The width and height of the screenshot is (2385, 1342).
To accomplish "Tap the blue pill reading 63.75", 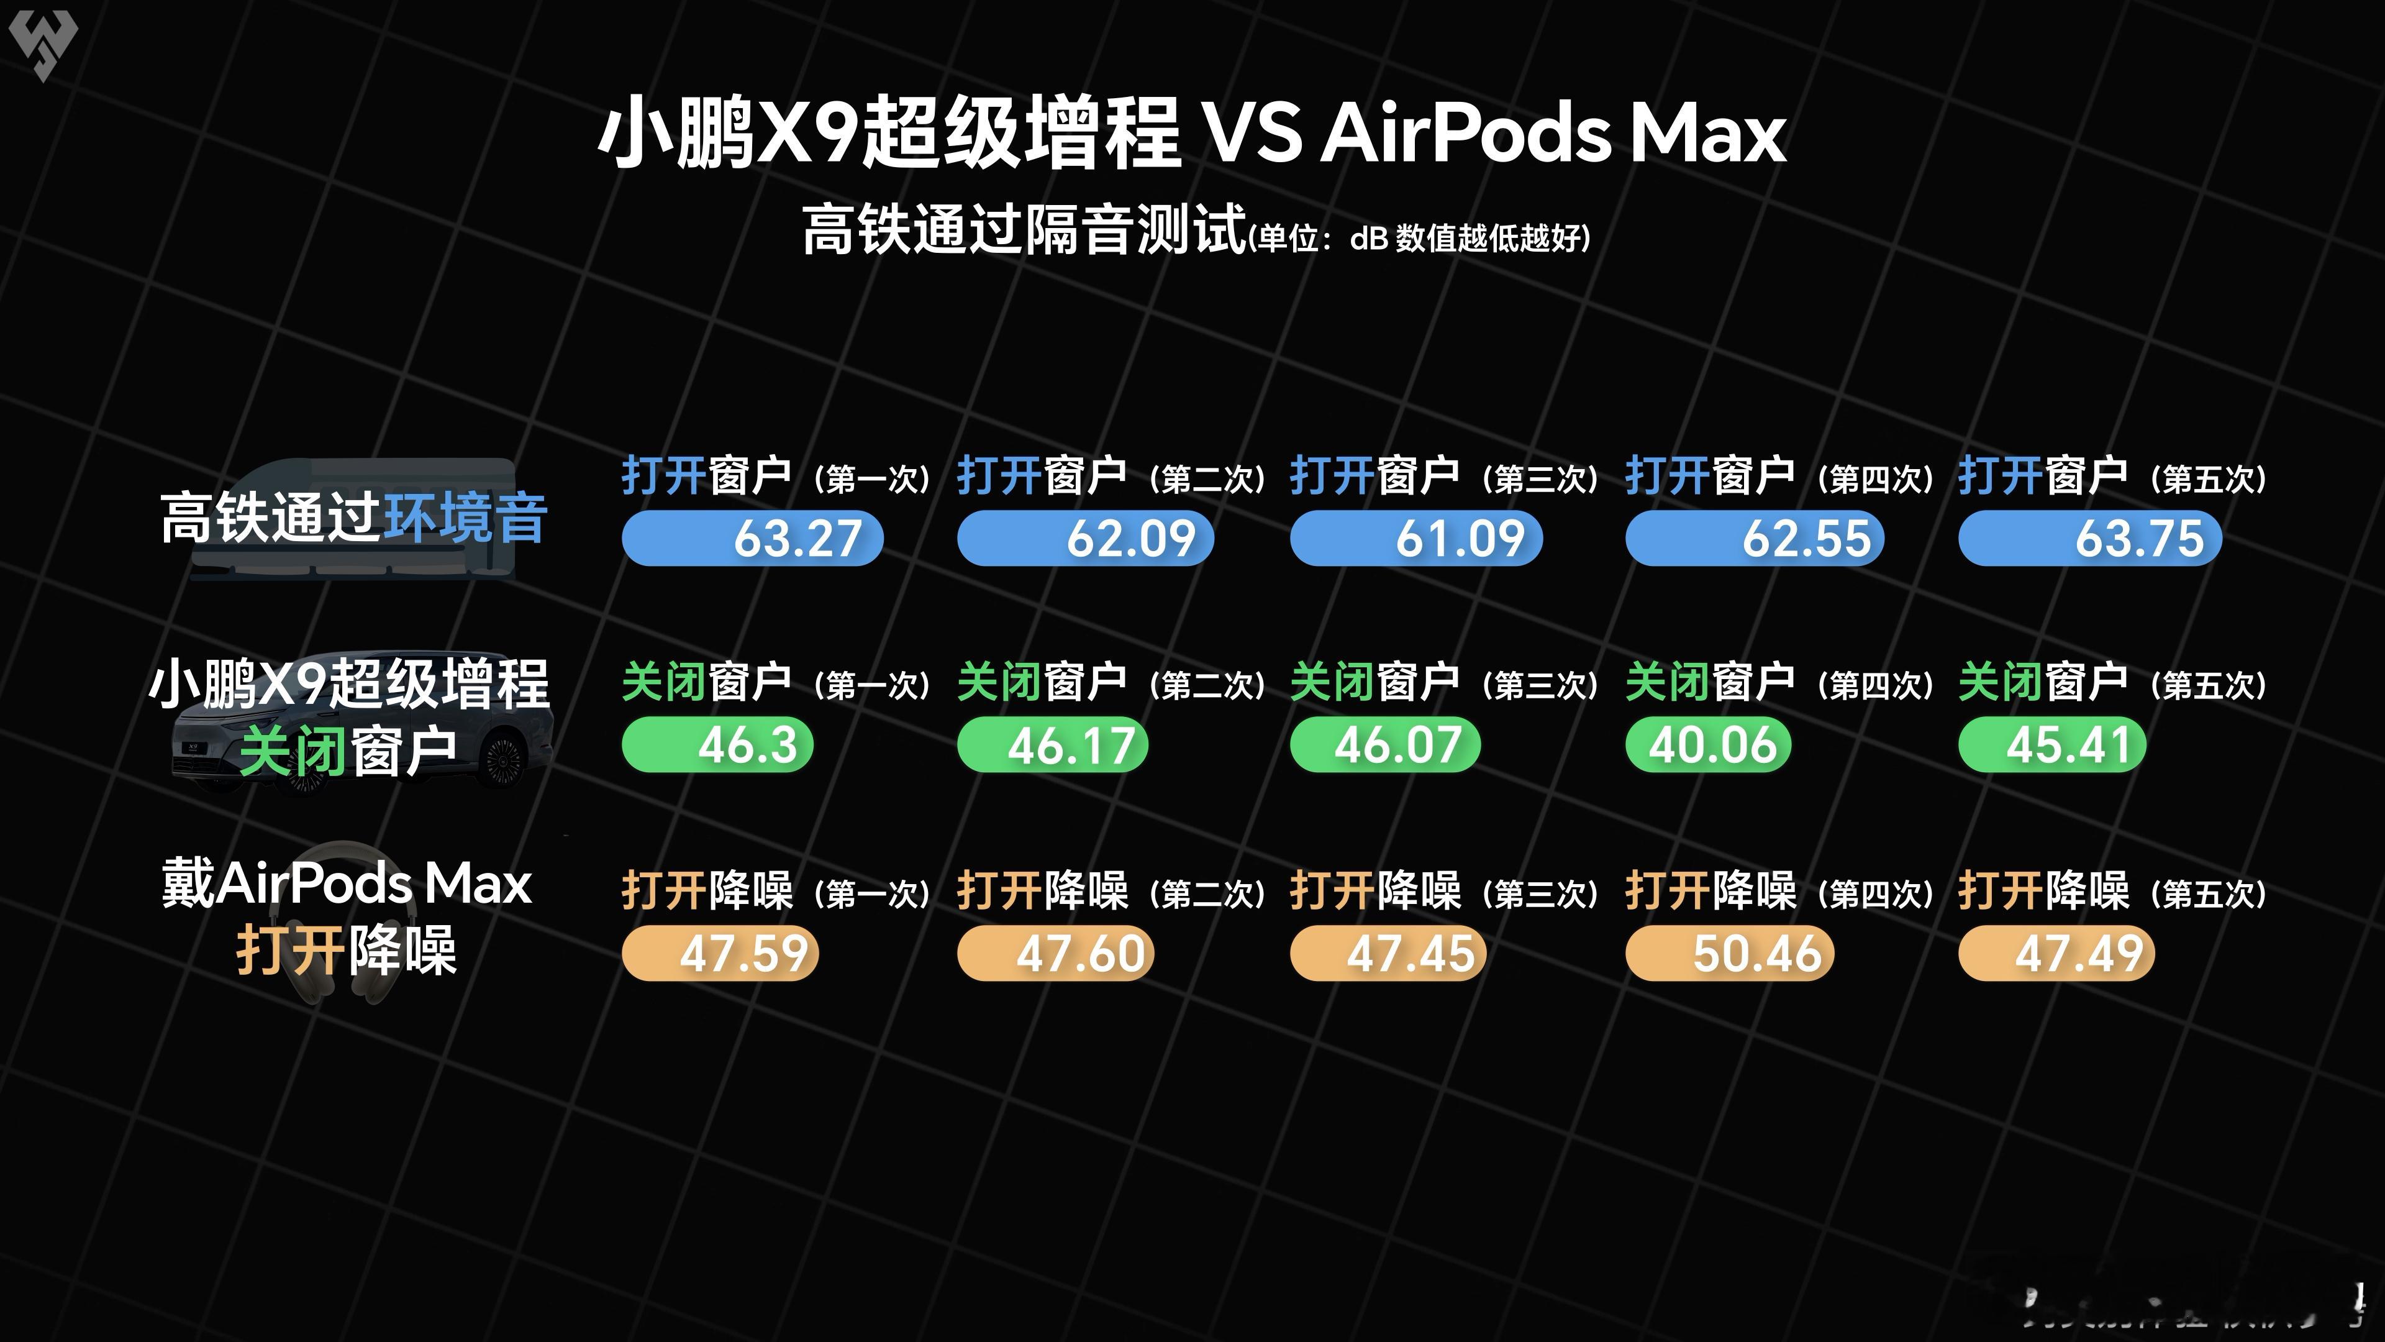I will pos(2089,538).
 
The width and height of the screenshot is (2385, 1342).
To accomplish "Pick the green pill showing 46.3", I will pos(717,746).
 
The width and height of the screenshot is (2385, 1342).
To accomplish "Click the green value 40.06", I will pos(1708,746).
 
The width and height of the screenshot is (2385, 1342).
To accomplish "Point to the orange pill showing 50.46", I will pos(1730,954).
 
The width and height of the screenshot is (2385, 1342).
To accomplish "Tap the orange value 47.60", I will pos(1055,954).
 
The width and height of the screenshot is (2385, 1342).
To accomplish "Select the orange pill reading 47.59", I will pos(720,954).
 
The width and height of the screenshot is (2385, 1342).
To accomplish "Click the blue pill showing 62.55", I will pos(1755,538).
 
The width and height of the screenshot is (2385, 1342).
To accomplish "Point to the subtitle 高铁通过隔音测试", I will pos(1023,230).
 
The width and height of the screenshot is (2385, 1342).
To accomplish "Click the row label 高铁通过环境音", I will pos(353,518).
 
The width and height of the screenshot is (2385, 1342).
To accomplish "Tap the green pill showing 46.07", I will pos(1385,746).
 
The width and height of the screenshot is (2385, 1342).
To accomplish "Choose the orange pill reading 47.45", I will pos(1388,954).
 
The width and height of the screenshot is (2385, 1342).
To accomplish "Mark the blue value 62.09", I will pos(1085,538).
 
